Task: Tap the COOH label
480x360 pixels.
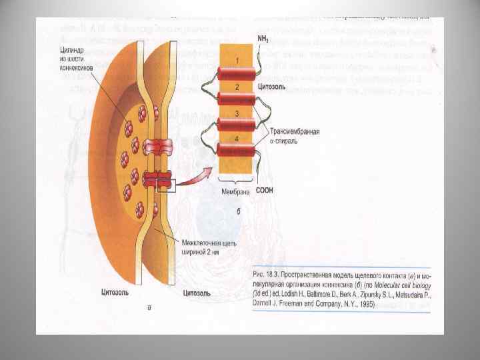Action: (265, 191)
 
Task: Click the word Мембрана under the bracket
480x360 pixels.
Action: (235, 191)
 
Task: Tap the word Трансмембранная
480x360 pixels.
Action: (292, 131)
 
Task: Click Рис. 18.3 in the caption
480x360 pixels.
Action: (269, 275)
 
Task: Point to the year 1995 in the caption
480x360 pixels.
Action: (365, 304)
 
